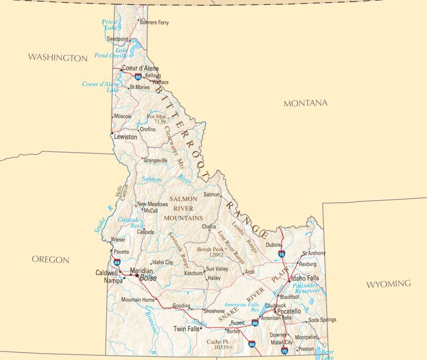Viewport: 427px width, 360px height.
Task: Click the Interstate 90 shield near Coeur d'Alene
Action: click(139, 77)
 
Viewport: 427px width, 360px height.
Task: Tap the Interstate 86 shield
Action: click(255, 323)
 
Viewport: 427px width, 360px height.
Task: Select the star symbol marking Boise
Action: click(137, 276)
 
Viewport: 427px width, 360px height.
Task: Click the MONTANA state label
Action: click(305, 103)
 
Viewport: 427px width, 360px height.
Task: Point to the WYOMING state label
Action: click(388, 284)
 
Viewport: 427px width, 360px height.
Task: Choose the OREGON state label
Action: click(51, 260)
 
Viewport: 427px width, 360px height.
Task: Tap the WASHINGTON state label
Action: click(58, 58)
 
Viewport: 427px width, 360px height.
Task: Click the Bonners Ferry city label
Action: click(154, 22)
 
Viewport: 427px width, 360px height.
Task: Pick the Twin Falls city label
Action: click(186, 329)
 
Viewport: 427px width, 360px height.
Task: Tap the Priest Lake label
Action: click(110, 25)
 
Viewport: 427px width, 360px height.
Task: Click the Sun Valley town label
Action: click(217, 269)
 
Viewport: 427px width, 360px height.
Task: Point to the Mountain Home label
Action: click(138, 300)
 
